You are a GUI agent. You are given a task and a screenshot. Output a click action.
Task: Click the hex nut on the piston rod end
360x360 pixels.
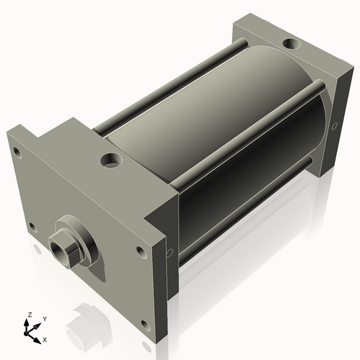66,249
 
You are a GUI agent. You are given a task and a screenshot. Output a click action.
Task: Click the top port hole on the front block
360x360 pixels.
112,158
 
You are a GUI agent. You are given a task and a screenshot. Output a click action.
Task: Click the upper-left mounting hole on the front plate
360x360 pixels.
14,150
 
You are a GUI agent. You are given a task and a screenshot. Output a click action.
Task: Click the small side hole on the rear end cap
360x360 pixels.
334,127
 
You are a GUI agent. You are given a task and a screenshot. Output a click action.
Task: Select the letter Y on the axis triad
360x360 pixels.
44,318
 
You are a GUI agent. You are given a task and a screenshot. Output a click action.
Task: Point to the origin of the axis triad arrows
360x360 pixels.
30,332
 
